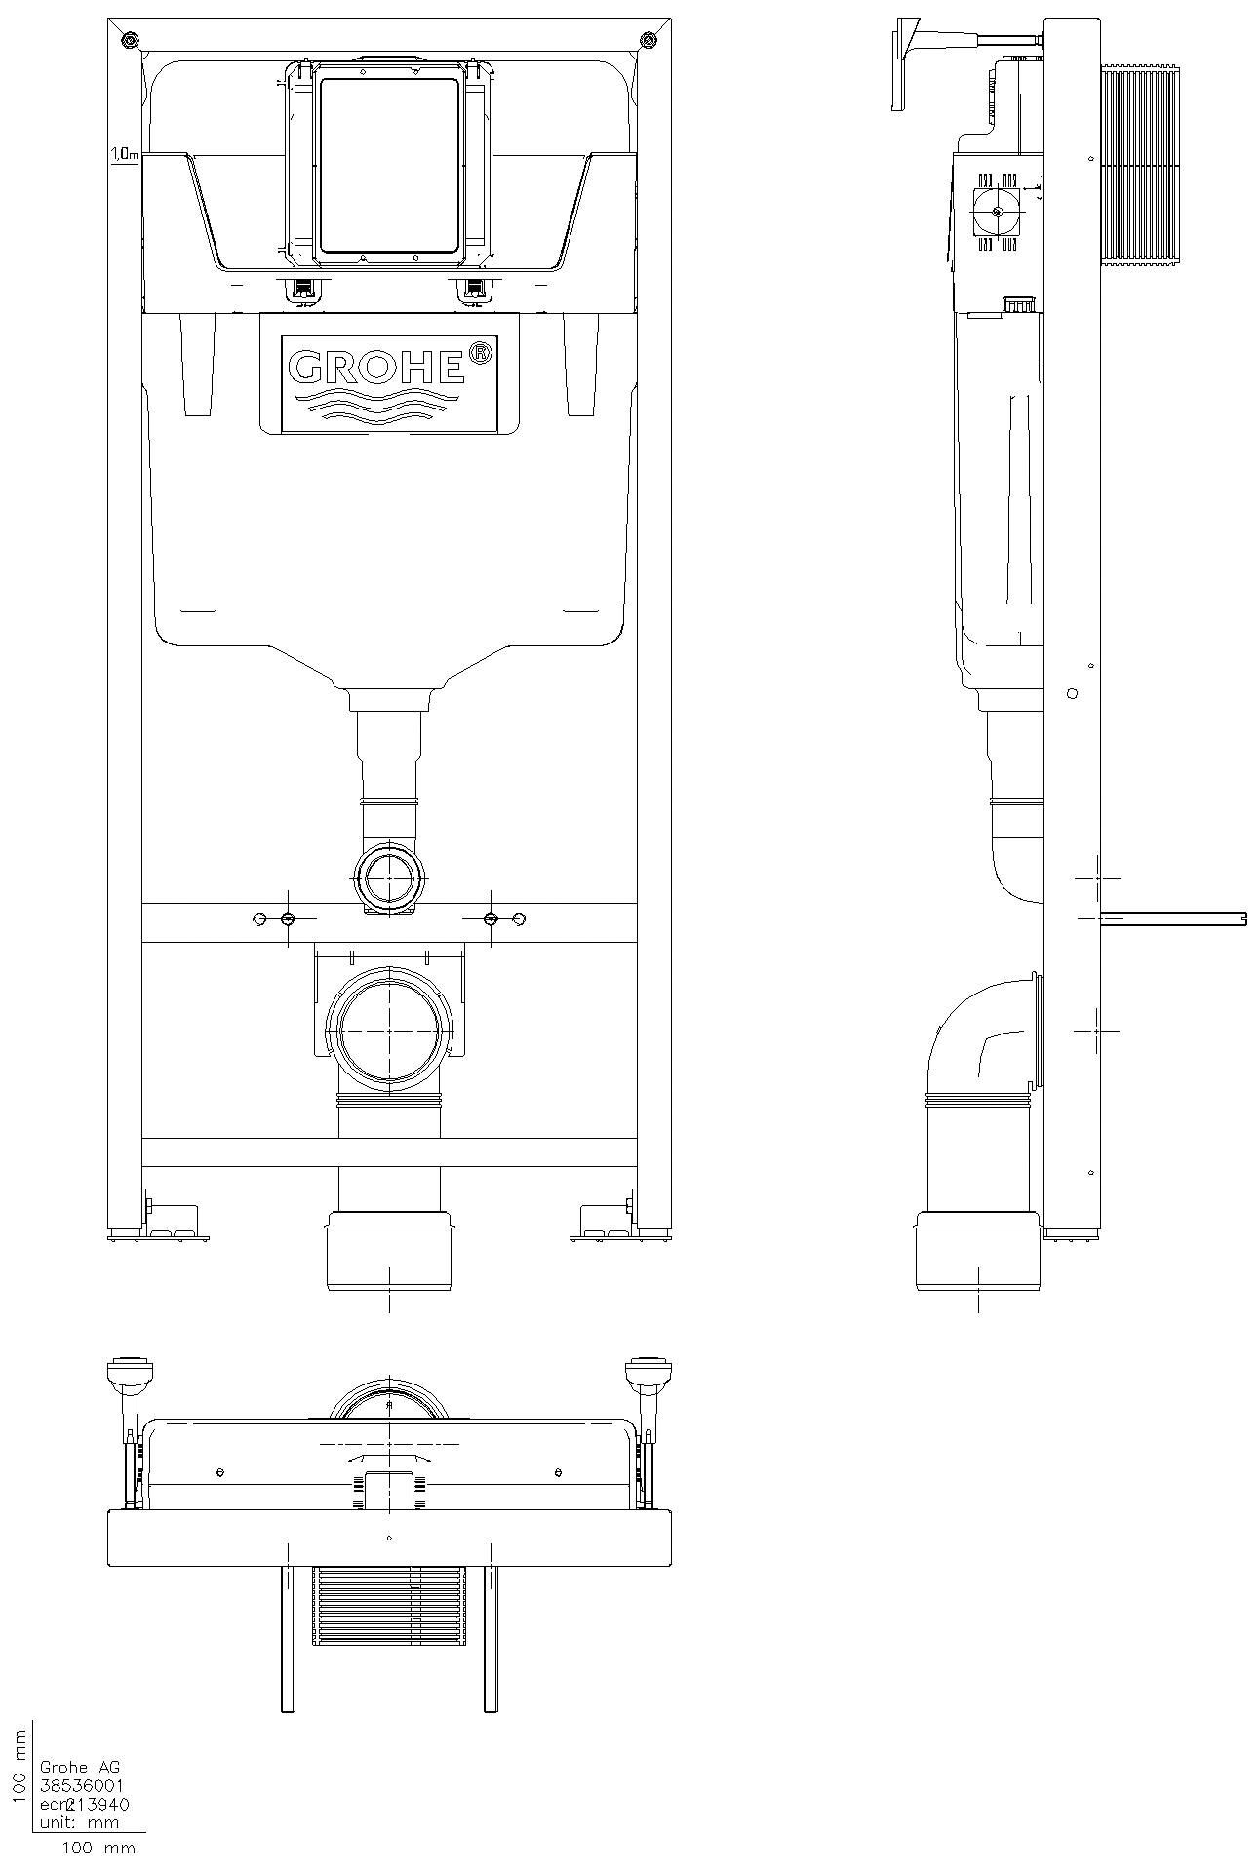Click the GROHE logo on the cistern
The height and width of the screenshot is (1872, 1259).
pos(375,367)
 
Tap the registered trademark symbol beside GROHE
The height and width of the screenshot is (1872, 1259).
pos(480,353)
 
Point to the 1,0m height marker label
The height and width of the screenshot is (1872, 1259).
pos(124,154)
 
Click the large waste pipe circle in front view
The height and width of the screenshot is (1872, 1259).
pos(389,1030)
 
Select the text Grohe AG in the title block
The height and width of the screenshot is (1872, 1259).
pos(79,1767)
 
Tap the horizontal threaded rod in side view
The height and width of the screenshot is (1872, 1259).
pos(1170,917)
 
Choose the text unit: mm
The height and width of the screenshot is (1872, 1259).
pos(77,1821)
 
